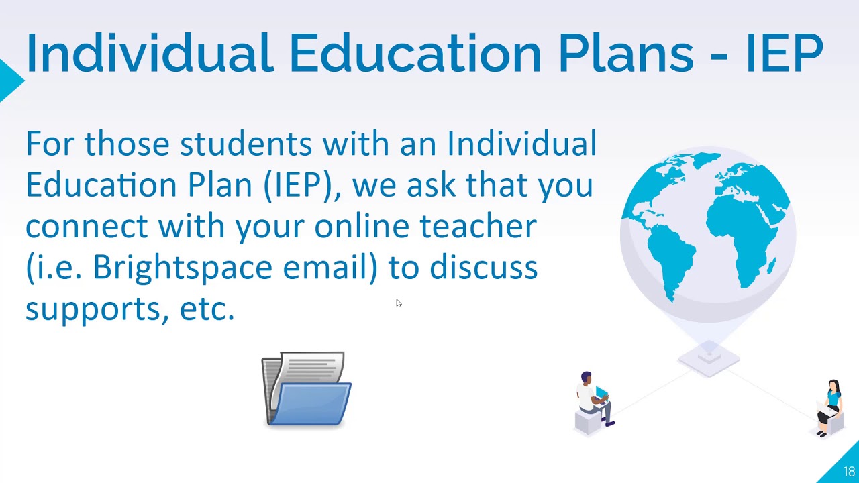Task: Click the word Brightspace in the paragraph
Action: [184, 268]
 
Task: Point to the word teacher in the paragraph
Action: [478, 226]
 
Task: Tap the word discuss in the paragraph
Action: [483, 268]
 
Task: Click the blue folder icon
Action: [306, 389]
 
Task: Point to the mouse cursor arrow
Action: [398, 303]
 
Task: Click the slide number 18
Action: [849, 472]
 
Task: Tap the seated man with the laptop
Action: [595, 400]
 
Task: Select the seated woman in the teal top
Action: [831, 407]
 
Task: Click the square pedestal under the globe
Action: [709, 357]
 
